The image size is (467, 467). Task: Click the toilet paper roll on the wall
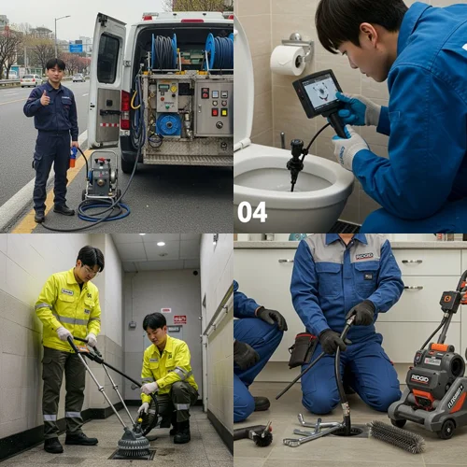pyautogui.click(x=287, y=60)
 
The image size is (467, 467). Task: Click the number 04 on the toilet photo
pyautogui.click(x=251, y=212)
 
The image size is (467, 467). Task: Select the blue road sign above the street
pyautogui.click(x=76, y=47)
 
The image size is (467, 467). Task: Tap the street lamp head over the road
pyautogui.click(x=67, y=16)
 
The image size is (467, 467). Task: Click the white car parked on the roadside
pyautogui.click(x=31, y=80)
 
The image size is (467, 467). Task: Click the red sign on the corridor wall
pyautogui.click(x=179, y=319)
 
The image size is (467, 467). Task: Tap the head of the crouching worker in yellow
pyautogui.click(x=155, y=325)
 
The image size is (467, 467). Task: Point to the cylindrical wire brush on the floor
pyautogui.click(x=396, y=435)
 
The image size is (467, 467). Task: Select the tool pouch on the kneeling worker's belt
pyautogui.click(x=301, y=351)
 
